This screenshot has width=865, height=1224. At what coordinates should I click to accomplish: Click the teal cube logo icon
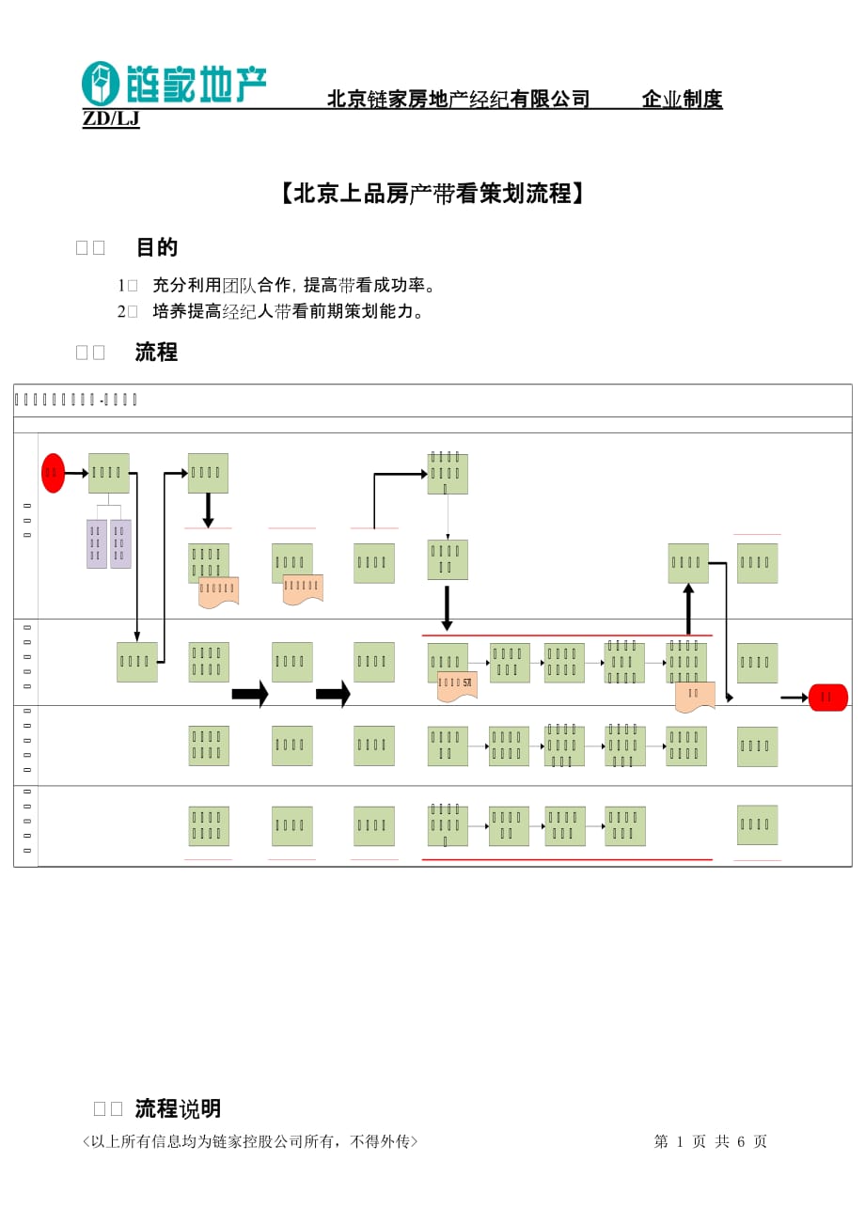coord(101,84)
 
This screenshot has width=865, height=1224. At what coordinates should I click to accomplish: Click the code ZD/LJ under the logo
coord(111,119)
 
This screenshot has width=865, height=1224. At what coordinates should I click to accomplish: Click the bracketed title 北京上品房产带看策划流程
coord(432,194)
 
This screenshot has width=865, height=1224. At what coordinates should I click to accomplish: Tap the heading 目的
coord(157,247)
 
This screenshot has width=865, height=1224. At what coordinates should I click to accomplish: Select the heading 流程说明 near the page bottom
coord(178,1108)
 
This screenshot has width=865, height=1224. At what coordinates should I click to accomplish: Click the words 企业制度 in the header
coord(682,100)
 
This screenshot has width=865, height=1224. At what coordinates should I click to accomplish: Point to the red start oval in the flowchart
coord(53,473)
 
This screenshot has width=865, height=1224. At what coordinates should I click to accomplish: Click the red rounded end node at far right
coord(827,697)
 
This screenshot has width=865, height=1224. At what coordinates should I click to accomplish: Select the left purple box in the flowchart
coord(96,543)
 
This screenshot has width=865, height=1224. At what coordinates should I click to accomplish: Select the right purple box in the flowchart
coord(120,543)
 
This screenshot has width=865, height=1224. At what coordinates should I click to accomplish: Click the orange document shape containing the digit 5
coord(457,685)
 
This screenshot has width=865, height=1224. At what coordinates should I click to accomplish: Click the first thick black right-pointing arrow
coord(250,694)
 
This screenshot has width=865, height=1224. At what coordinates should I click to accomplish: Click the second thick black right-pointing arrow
coord(333,694)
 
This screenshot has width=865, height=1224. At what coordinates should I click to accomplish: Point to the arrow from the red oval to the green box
coord(76,473)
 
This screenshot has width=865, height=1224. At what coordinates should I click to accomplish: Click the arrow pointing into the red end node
coord(794,698)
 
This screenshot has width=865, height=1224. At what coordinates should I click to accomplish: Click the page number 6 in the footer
coord(741,1141)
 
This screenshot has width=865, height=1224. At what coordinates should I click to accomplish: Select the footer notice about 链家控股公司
coord(250,1141)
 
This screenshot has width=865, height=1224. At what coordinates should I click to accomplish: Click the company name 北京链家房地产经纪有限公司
coord(458,100)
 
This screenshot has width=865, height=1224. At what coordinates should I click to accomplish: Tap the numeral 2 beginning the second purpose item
coord(121,311)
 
